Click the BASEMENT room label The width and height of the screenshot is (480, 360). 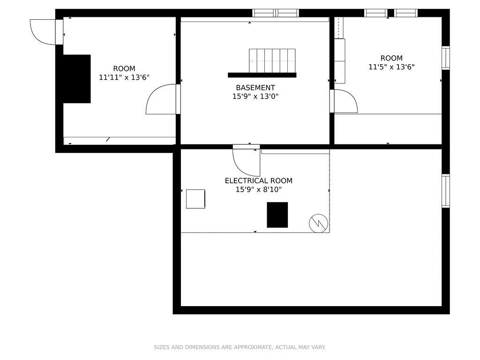(x=255, y=88)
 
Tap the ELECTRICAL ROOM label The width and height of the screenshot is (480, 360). (x=258, y=180)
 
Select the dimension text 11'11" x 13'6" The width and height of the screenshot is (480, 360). (x=124, y=77)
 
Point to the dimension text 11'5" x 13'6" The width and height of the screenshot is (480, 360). (x=391, y=67)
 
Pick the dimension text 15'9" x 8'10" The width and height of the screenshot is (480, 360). (x=258, y=189)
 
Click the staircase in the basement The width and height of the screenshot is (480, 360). (x=272, y=60)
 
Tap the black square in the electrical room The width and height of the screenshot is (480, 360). (x=277, y=215)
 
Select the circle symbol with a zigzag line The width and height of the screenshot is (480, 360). (x=318, y=223)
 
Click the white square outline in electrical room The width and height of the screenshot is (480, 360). (x=195, y=199)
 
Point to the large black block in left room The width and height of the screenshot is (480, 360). (x=76, y=79)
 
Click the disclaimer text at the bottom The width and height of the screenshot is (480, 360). (x=240, y=347)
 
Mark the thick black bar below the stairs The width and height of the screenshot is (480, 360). (x=262, y=75)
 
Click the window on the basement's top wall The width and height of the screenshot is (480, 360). (x=276, y=13)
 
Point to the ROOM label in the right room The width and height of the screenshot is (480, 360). (x=391, y=58)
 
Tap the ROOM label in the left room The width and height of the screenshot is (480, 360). (x=124, y=68)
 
